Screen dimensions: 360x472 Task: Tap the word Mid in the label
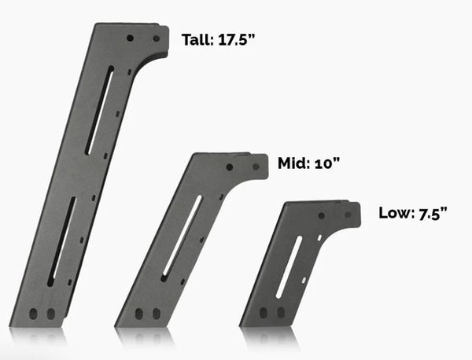[291, 163]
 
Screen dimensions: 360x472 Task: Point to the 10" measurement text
[326, 163]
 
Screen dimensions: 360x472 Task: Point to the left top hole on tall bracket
[130, 36]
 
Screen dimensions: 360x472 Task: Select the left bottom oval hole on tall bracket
[34, 314]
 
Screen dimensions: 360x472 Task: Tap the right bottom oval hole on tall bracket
[50, 314]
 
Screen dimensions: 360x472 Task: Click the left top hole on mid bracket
[229, 167]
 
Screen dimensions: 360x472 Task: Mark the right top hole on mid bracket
[253, 167]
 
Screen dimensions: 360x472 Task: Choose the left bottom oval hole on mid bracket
[139, 314]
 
